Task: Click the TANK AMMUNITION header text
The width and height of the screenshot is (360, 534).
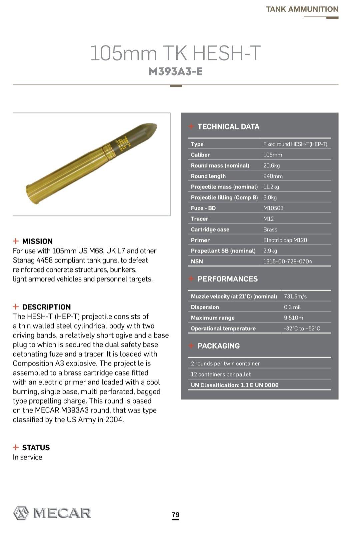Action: (x=302, y=9)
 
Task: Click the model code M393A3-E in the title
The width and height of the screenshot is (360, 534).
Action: (x=176, y=72)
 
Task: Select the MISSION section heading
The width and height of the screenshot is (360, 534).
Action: (x=37, y=241)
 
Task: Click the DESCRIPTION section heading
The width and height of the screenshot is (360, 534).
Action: (x=46, y=307)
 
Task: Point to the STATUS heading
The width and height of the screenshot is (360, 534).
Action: (x=36, y=448)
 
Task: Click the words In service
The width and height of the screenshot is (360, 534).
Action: (x=27, y=457)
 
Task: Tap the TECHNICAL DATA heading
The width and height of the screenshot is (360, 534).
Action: (x=228, y=127)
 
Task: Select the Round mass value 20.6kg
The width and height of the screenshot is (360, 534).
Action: (x=271, y=165)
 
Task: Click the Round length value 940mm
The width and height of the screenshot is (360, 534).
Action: (x=273, y=176)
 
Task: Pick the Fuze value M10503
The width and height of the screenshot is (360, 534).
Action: (x=273, y=208)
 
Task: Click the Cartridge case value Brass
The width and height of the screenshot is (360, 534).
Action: (x=270, y=229)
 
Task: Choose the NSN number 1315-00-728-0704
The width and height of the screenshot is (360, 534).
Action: (x=288, y=261)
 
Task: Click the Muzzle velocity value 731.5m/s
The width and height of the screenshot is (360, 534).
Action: (x=295, y=297)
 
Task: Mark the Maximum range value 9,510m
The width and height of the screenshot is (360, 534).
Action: (x=293, y=318)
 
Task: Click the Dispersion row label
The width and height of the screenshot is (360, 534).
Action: (x=205, y=307)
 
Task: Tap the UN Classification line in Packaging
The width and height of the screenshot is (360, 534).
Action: (x=234, y=385)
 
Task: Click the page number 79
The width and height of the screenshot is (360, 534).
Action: (x=176, y=515)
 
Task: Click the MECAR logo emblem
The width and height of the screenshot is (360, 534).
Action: (x=21, y=513)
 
